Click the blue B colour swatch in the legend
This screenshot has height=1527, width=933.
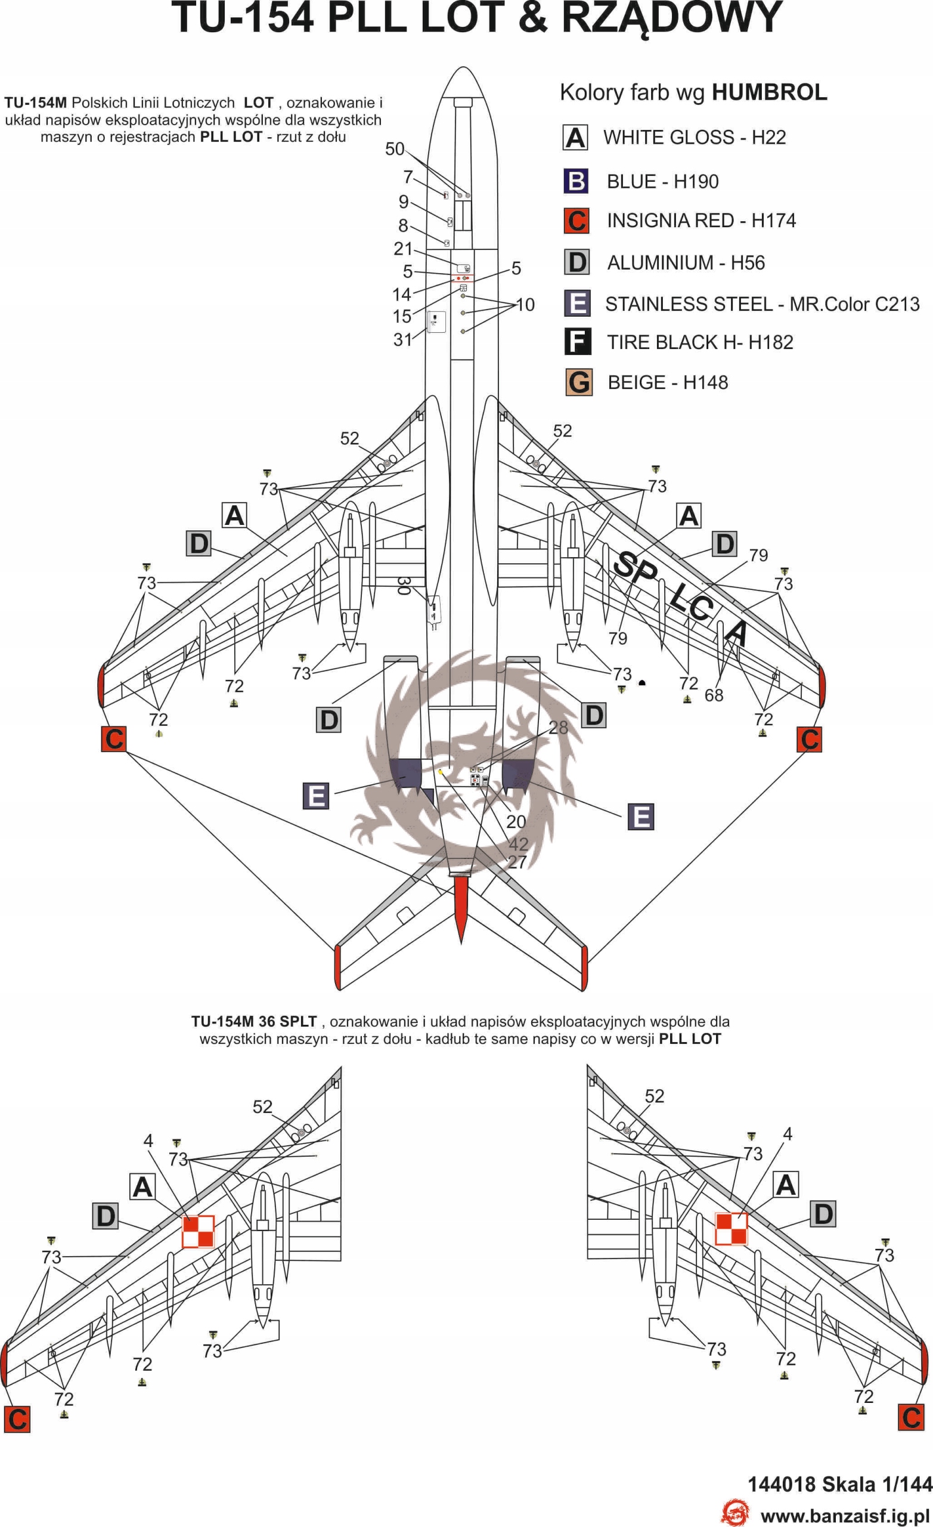click(575, 181)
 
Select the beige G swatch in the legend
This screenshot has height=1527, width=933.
click(579, 382)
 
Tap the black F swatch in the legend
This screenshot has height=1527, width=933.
click(578, 341)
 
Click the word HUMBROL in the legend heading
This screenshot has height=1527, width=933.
click(769, 92)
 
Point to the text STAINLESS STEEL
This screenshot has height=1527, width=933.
click(687, 304)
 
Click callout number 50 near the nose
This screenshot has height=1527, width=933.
click(395, 149)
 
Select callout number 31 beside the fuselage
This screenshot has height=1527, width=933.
click(402, 339)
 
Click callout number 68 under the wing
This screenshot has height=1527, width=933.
click(714, 695)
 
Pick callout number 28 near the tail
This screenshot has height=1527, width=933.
click(558, 727)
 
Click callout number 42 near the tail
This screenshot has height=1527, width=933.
click(519, 843)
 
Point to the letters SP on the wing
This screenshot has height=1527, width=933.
click(635, 567)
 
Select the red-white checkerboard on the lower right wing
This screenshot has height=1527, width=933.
click(731, 1229)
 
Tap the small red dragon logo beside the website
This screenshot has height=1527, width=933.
click(734, 1512)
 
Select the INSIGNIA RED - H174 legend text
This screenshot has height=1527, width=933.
click(700, 220)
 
